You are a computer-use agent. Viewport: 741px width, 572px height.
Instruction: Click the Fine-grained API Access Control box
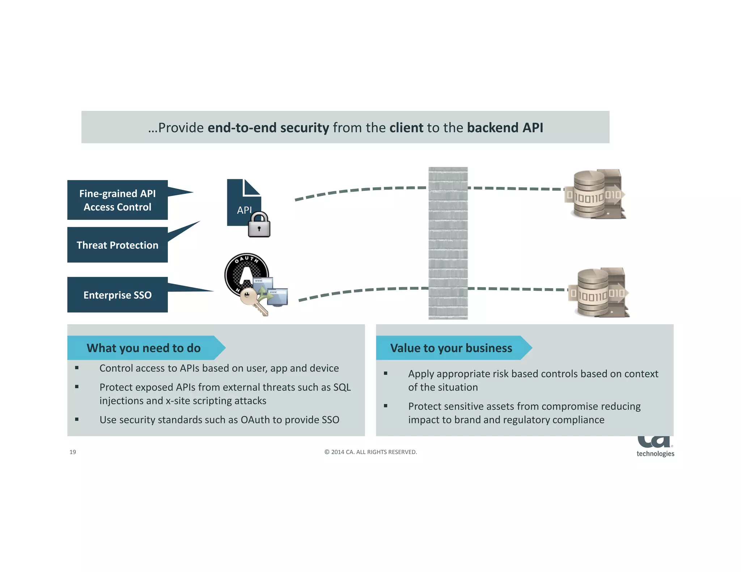117,200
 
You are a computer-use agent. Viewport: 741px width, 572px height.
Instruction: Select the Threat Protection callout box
117,245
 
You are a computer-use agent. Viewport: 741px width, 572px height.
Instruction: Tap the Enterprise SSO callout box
117,295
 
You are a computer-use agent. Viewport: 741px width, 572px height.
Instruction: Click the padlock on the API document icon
259,225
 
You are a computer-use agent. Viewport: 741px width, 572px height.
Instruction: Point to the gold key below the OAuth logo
252,299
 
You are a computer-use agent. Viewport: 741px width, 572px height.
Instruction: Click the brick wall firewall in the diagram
448,243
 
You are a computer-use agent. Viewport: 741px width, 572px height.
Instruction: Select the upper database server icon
595,194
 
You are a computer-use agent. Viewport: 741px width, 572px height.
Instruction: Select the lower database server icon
599,293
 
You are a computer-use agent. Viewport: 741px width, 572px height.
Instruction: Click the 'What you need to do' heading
144,348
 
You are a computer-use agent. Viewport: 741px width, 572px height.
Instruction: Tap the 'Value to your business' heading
451,348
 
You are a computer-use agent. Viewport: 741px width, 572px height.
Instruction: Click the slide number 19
73,452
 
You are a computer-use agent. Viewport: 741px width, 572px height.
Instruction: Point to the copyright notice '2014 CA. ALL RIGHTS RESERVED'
371,452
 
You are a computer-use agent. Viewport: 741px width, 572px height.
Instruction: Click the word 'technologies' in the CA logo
655,454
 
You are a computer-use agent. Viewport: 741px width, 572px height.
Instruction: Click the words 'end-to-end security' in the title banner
268,128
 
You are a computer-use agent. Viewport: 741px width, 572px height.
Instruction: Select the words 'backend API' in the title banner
505,128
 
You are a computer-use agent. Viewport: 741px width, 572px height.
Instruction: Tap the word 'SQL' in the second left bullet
342,387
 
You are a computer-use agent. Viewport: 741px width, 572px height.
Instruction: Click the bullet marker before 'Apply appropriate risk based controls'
386,373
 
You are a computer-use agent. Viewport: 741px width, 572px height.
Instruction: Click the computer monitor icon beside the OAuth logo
277,296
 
